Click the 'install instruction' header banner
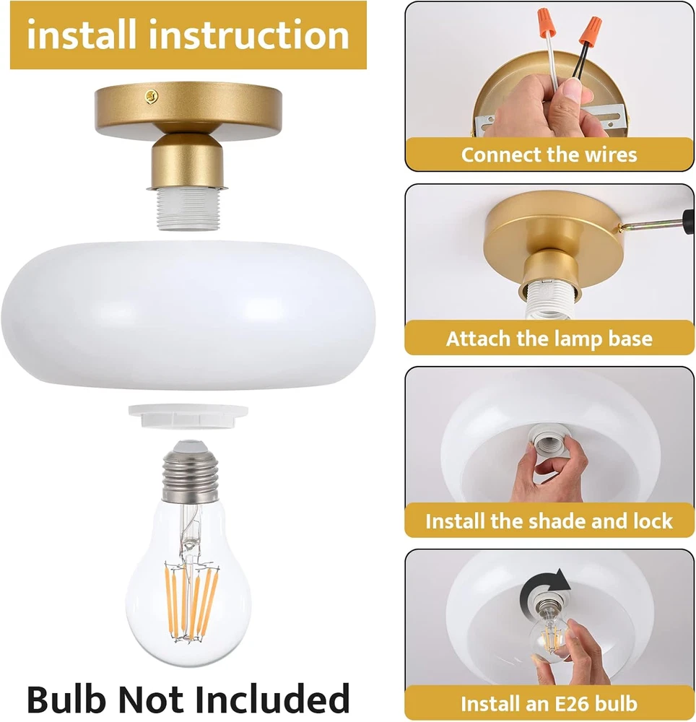click(x=188, y=35)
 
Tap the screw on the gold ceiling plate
click(x=152, y=96)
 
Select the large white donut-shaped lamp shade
click(x=188, y=316)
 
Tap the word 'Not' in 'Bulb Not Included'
click(x=150, y=698)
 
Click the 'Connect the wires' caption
click(x=549, y=155)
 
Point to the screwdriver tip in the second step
click(x=622, y=227)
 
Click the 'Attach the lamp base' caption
click(x=549, y=339)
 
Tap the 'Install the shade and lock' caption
click(x=549, y=521)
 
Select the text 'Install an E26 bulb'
click(x=549, y=703)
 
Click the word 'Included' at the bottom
click(x=272, y=698)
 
